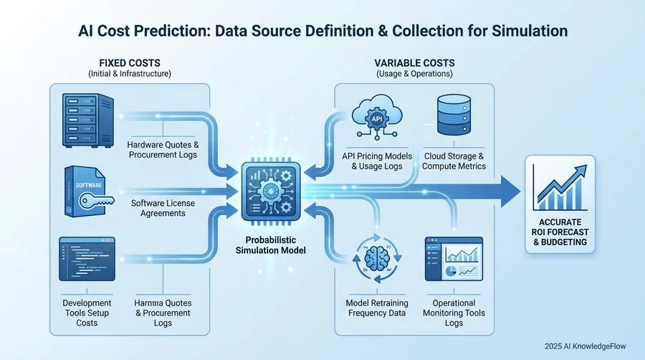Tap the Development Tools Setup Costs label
(x=87, y=313)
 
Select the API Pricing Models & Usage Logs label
(x=376, y=161)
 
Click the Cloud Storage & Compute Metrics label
(x=454, y=161)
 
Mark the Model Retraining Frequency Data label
(x=376, y=308)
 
